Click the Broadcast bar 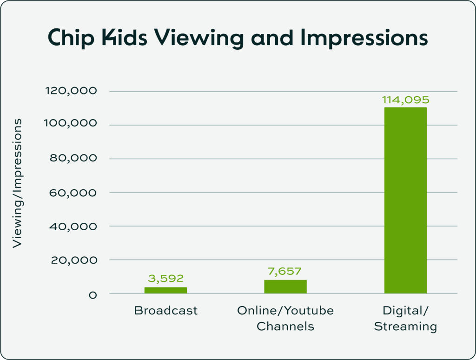[x=165, y=290]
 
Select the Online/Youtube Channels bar [x=285, y=287]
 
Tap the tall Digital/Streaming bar [x=405, y=200]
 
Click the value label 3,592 [x=166, y=279]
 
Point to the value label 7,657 [x=285, y=271]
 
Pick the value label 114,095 [x=405, y=100]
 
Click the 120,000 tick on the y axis [x=71, y=91]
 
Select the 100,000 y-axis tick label [x=71, y=125]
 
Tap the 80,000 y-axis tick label [x=73, y=159]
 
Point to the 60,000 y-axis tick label [x=73, y=193]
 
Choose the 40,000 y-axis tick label [x=73, y=227]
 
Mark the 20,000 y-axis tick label [x=73, y=260]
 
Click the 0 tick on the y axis [x=93, y=294]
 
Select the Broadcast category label [x=166, y=311]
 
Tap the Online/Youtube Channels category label [x=285, y=318]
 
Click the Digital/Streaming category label [x=405, y=318]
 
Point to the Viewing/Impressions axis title [x=17, y=183]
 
